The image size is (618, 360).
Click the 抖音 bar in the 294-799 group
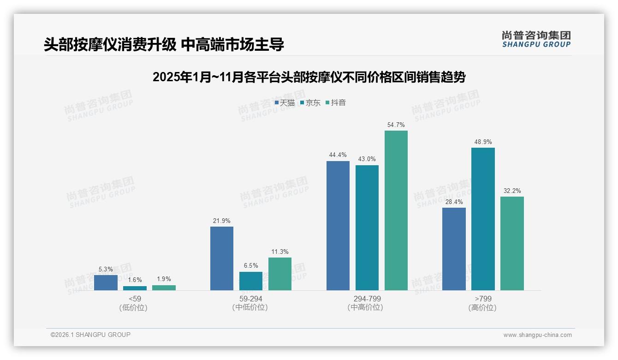pos(396,210)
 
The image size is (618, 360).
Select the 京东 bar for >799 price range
pos(483,219)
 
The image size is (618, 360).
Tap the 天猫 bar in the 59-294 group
pos(222,258)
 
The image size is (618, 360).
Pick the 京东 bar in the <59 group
pos(135,288)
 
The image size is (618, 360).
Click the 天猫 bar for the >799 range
pos(454,249)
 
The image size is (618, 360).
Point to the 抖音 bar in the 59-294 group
pos(280,274)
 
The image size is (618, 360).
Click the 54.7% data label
pos(396,125)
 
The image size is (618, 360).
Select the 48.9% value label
pos(483,142)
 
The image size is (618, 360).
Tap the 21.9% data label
pos(221,221)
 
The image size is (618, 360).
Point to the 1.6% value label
pos(135,280)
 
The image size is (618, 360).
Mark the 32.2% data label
pos(512,191)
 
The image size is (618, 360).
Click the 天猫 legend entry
pos(285,103)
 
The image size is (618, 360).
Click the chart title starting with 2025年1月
pos(309,77)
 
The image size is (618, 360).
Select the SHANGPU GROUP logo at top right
pos(536,39)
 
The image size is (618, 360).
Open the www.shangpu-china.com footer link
pos(537,335)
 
